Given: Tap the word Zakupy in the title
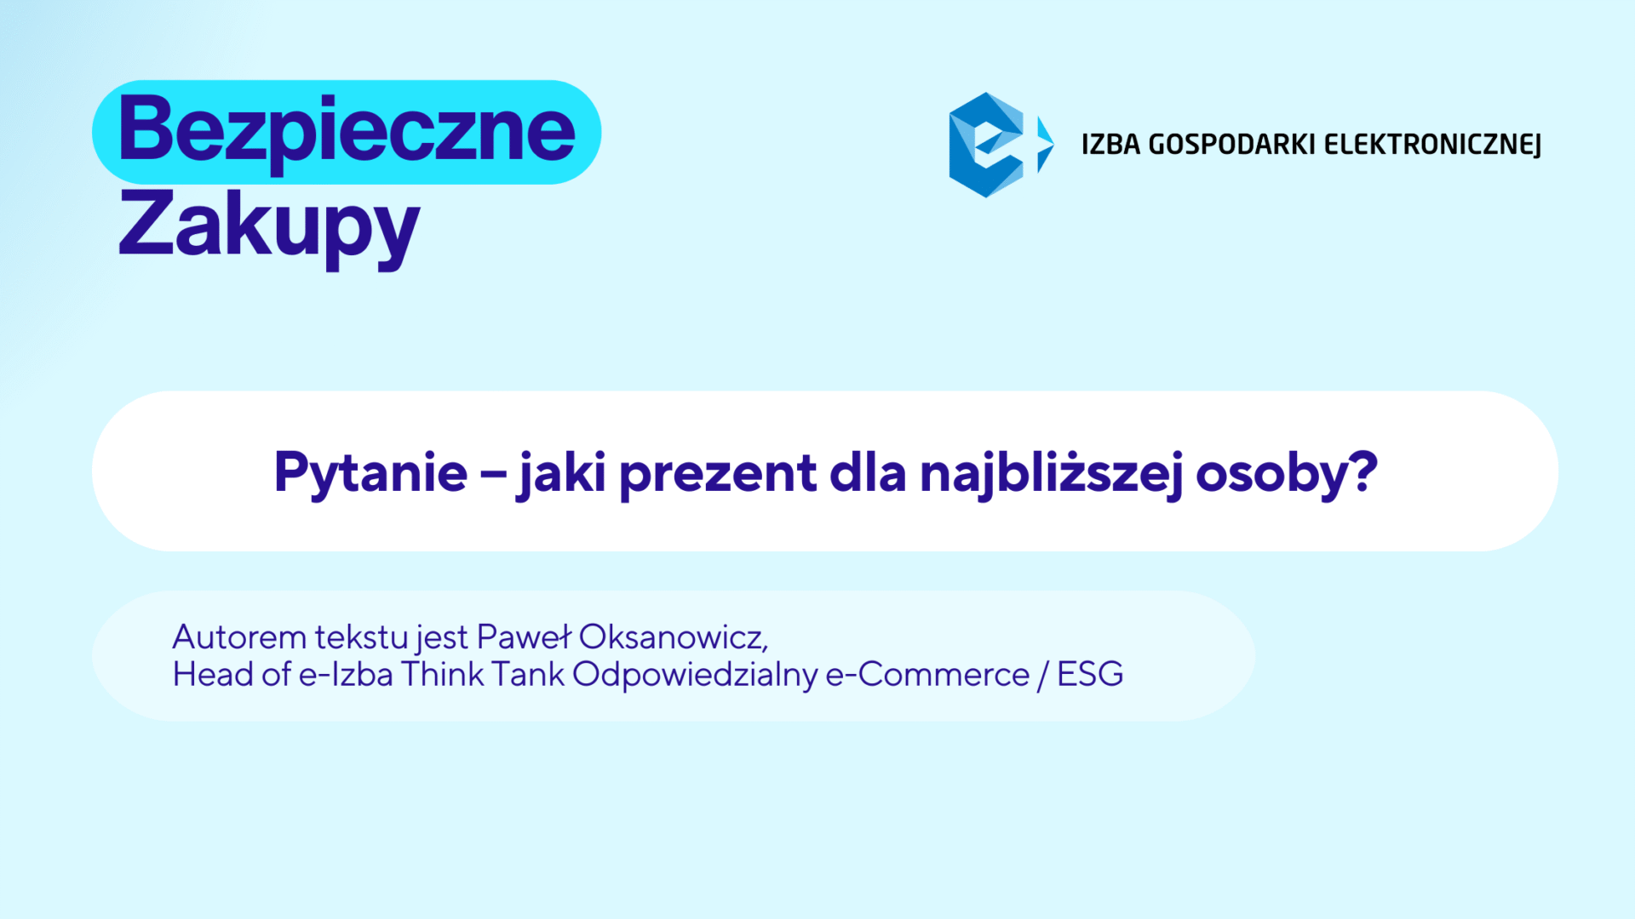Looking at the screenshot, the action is click(269, 225).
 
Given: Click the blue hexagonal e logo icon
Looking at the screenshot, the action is click(987, 145).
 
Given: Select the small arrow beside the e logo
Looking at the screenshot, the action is click(1045, 145).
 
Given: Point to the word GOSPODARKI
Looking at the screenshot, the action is click(1232, 145).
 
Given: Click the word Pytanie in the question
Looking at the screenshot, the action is click(370, 474).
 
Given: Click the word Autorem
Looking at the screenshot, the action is click(239, 636).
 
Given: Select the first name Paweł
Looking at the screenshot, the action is click(524, 636).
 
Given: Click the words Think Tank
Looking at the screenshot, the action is click(483, 674).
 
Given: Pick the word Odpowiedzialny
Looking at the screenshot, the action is click(695, 675).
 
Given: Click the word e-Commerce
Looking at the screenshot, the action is click(928, 675).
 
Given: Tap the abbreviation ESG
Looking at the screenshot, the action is click(1090, 674).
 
